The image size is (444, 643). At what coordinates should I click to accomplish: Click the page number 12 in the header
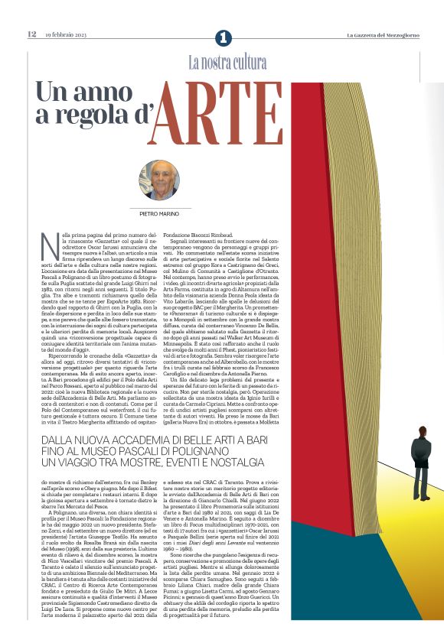[x=32, y=34]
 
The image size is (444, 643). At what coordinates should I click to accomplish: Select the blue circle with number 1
[x=223, y=37]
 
